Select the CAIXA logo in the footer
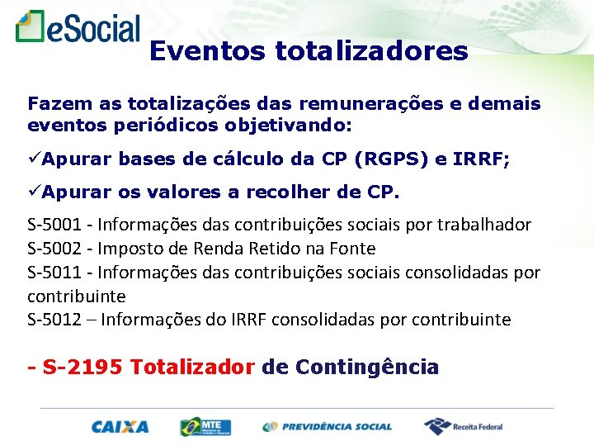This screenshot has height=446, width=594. (120, 426)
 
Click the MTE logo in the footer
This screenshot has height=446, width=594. (205, 426)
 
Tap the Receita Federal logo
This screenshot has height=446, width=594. (463, 426)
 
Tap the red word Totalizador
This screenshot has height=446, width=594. (192, 367)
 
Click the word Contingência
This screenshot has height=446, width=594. (366, 367)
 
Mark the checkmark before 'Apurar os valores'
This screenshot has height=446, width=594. (34, 192)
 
